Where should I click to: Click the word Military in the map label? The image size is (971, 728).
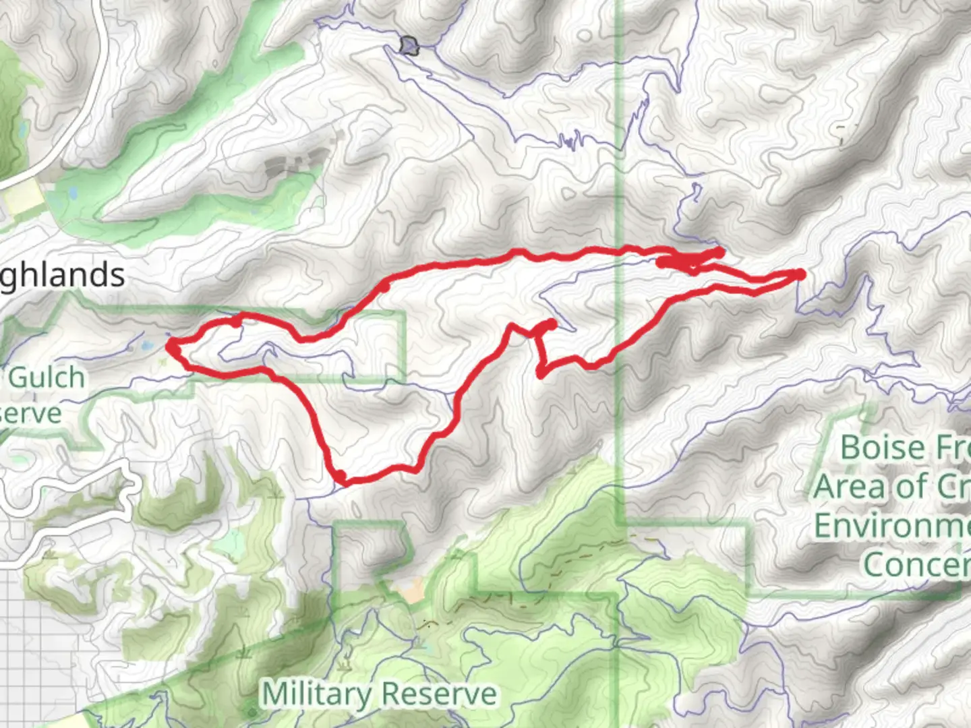[x=316, y=694]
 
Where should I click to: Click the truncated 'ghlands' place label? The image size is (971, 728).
[x=62, y=275]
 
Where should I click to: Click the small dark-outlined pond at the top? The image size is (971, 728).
[x=409, y=46]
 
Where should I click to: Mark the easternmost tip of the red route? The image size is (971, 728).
[x=800, y=274]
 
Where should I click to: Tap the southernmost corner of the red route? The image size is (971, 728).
[x=341, y=479]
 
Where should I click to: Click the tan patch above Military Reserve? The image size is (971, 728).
[x=410, y=591]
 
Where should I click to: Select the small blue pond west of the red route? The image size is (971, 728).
[x=147, y=346]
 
